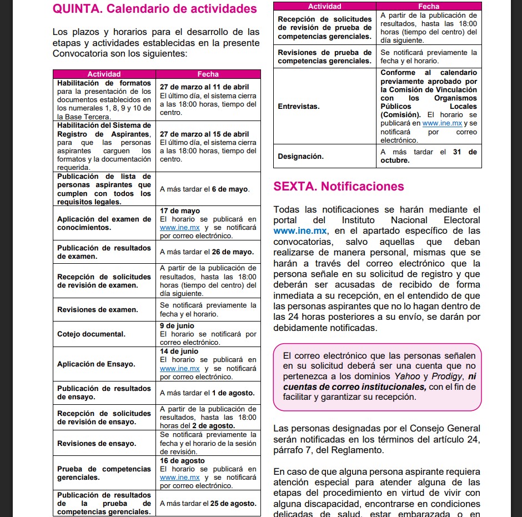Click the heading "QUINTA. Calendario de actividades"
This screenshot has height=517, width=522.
point(154,9)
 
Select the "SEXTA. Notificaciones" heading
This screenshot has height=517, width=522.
point(339,187)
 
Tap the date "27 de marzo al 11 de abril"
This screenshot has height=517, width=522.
point(204,87)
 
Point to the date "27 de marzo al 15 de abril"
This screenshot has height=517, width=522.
point(204,134)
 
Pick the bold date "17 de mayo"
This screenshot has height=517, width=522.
point(180,211)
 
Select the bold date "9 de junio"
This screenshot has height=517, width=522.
point(177,326)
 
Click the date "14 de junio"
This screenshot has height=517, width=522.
point(179,352)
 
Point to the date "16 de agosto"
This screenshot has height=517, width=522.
point(182,461)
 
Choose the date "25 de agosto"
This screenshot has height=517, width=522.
point(233,504)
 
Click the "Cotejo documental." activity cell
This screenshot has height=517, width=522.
point(91,334)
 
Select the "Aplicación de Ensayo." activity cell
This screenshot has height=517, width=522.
point(96,364)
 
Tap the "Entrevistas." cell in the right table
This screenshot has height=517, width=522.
point(299,106)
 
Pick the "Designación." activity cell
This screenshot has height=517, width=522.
point(300,157)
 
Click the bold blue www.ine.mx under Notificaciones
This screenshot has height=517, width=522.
point(300,231)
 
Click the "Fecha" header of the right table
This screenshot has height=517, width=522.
point(429,6)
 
